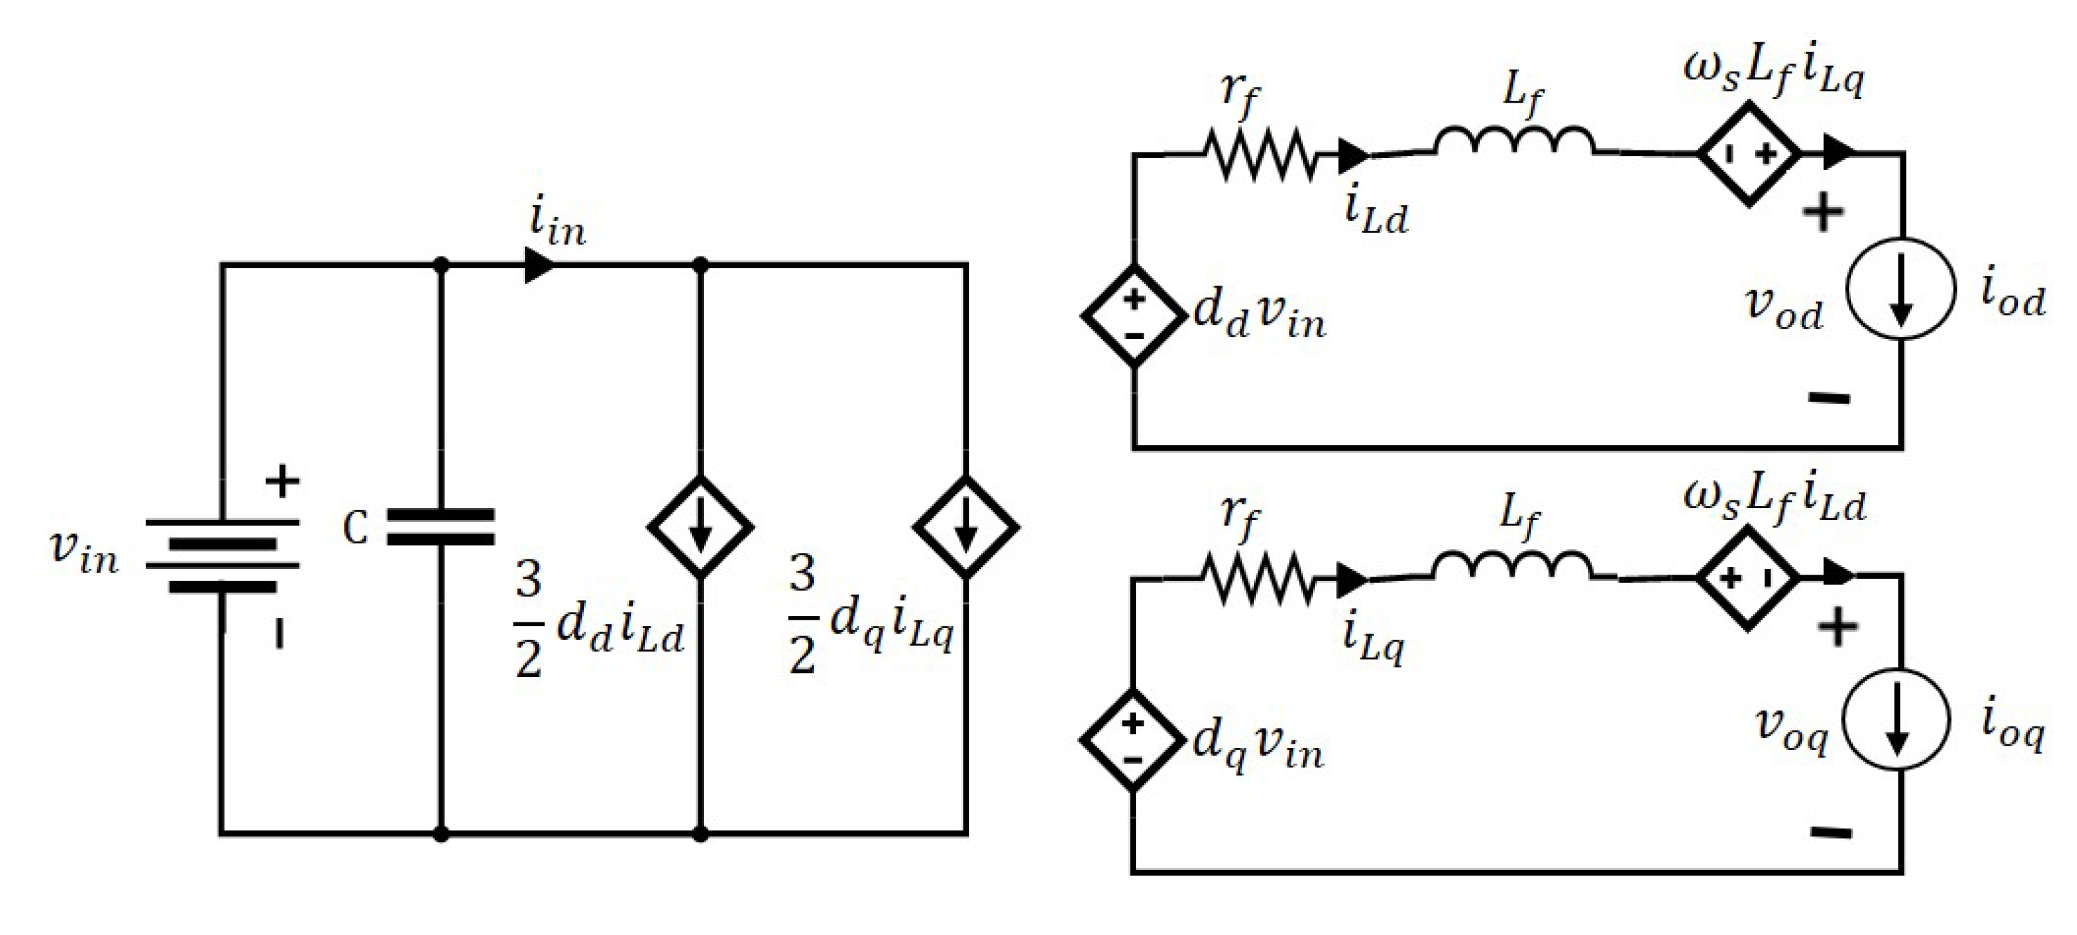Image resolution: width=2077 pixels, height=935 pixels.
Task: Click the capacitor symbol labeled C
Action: point(440,527)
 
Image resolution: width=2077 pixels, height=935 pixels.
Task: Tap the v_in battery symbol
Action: point(222,554)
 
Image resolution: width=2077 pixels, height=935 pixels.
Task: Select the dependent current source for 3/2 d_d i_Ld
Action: point(700,527)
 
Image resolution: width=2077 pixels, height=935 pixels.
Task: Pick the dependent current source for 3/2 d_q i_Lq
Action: point(965,527)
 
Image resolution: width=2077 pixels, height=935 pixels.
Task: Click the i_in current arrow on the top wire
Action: point(538,265)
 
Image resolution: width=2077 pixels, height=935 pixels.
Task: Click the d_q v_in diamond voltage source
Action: point(1132,740)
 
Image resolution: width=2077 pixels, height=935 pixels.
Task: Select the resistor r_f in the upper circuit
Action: point(1259,153)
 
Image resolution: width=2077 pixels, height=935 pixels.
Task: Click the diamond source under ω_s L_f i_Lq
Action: point(1748,153)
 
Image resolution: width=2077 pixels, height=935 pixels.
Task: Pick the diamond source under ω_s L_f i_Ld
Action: point(1747,577)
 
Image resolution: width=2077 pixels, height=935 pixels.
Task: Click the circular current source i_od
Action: point(1900,289)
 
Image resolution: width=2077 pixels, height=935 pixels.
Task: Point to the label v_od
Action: point(1783,306)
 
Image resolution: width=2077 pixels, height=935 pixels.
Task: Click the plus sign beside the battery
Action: point(281,482)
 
